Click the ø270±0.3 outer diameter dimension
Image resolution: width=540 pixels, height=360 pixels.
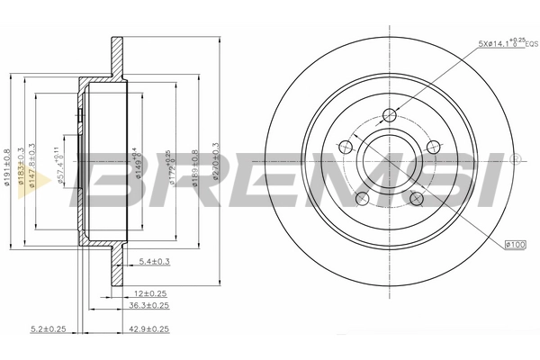point(215,163)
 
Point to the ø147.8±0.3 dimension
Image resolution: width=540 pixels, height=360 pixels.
point(33,163)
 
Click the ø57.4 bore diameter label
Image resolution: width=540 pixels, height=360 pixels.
point(59,163)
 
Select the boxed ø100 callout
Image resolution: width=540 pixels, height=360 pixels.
point(515,243)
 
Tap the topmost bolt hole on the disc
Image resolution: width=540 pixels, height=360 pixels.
point(389,114)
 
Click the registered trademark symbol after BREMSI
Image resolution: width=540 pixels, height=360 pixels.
point(514,159)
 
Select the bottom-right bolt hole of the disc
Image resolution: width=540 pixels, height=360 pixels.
point(418,199)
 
